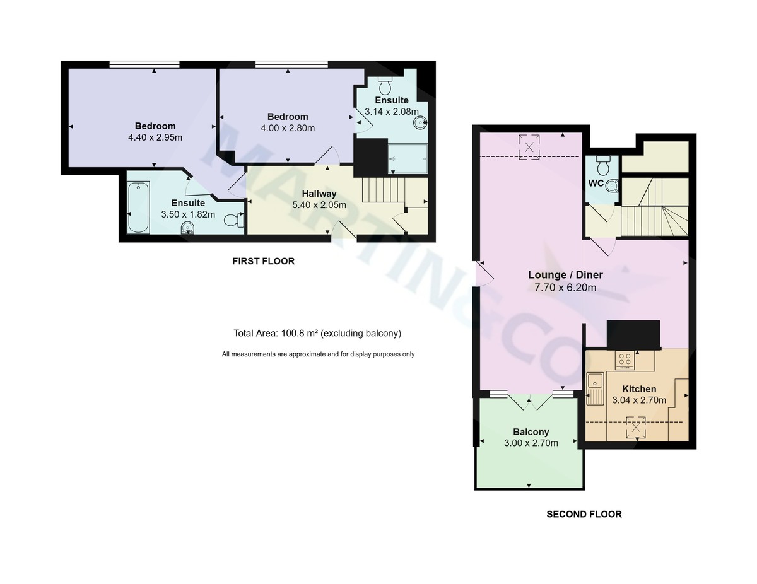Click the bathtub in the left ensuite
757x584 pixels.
138,207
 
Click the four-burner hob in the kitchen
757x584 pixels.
625,360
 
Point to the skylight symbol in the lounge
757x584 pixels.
529,147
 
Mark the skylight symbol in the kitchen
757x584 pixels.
636,428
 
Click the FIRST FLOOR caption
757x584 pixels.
263,261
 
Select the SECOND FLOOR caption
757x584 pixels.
584,514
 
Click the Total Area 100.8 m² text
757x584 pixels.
317,334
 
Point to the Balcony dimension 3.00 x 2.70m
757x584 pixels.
531,443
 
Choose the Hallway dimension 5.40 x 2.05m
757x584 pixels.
319,204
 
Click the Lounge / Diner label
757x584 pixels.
565,275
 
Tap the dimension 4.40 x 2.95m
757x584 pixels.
155,137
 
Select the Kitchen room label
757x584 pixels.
639,389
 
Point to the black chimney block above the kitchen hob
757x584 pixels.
633,334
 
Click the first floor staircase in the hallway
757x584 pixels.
382,190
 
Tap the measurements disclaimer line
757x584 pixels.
318,354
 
